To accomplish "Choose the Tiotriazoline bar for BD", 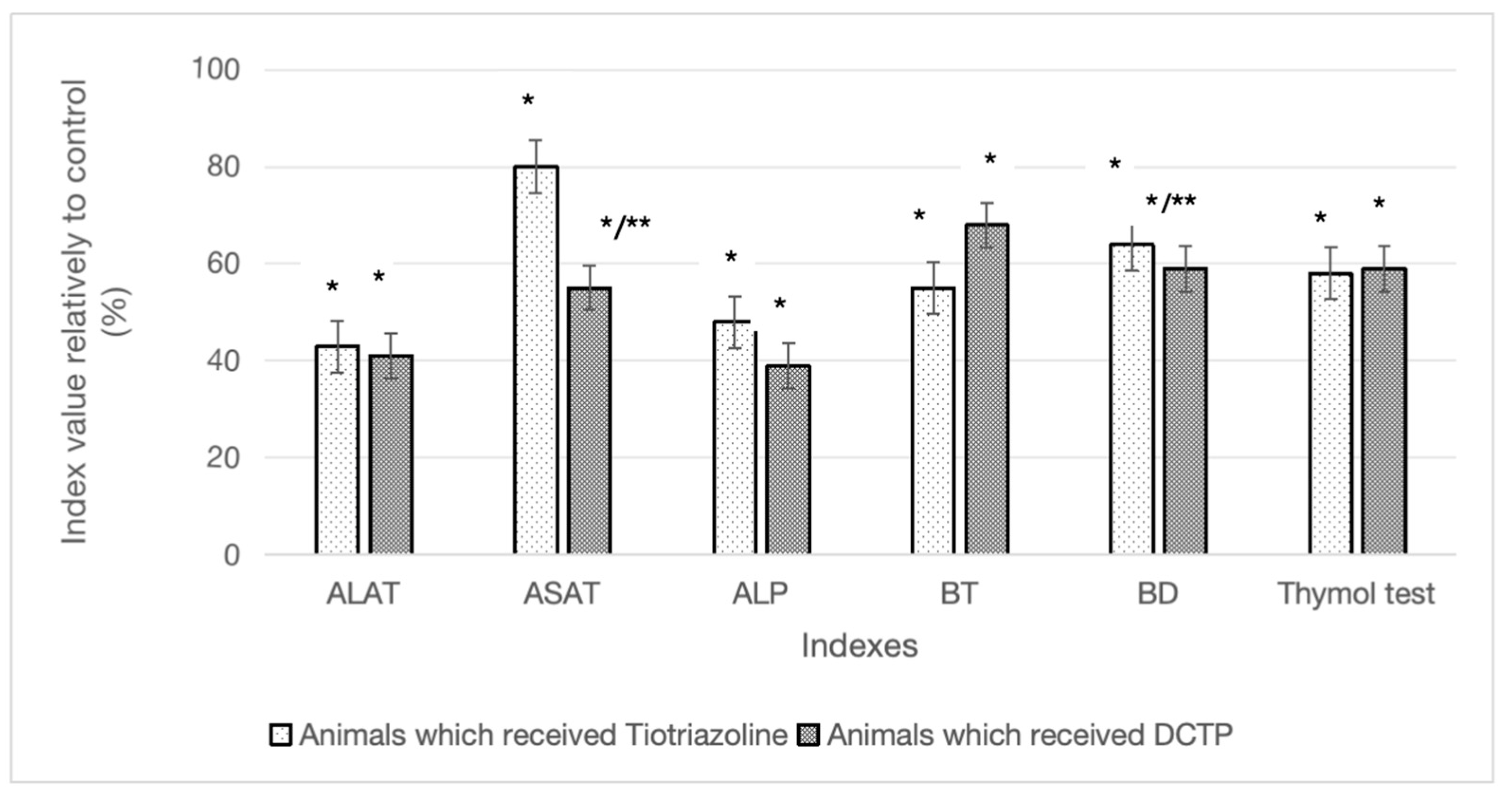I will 1131,399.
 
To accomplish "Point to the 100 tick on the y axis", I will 216,70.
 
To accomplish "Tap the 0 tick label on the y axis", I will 232,554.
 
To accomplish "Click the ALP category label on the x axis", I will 760,594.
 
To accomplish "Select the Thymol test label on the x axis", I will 1356,594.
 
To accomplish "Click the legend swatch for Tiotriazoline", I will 281,735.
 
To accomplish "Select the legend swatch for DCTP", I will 808,735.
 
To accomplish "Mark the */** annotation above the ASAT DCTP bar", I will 625,224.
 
